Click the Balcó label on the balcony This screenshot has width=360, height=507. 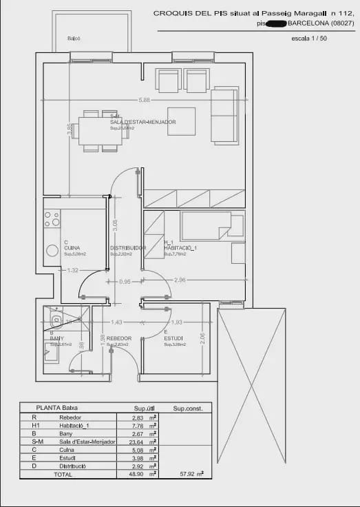click(74, 39)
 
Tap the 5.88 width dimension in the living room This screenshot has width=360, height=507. click(144, 100)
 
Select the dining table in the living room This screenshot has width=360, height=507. click(100, 131)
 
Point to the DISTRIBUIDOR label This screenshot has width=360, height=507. click(128, 248)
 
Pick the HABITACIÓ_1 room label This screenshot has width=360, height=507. click(180, 248)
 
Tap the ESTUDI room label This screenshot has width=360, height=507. click(173, 338)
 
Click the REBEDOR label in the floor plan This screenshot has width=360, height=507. click(119, 338)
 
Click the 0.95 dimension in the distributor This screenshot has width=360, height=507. click(125, 282)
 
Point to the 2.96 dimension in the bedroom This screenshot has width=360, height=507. click(180, 280)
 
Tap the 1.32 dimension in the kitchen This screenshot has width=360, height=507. click(72, 271)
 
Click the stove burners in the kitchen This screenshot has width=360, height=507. click(52, 219)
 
